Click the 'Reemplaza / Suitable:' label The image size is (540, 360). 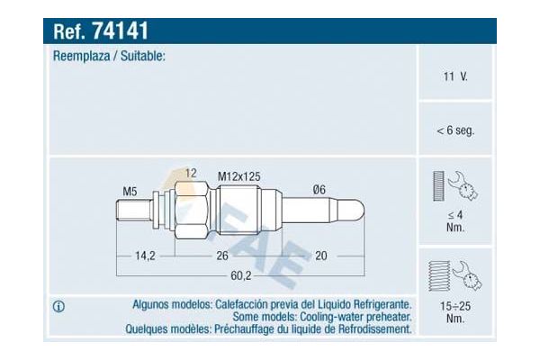pyautogui.click(x=109, y=56)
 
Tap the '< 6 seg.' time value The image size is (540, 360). pyautogui.click(x=454, y=130)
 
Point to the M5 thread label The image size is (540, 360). pyautogui.click(x=130, y=191)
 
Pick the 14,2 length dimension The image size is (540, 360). pyautogui.click(x=145, y=256)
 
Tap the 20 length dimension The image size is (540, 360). pyautogui.click(x=320, y=256)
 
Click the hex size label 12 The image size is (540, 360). pyautogui.click(x=191, y=172)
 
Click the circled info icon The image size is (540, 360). pyautogui.click(x=58, y=307)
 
